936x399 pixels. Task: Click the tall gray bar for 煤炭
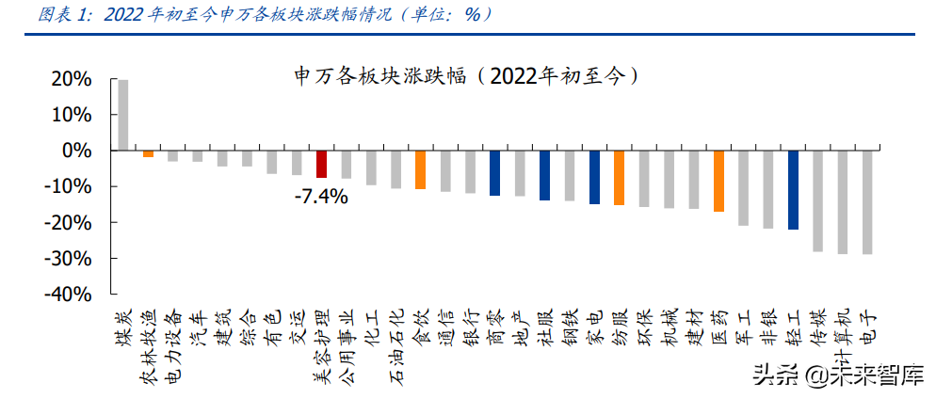[x=122, y=115]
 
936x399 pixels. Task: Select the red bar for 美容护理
[x=321, y=164]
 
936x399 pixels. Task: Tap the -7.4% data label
[x=320, y=197]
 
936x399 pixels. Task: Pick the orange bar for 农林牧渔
[x=148, y=153]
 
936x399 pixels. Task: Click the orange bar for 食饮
[x=420, y=170]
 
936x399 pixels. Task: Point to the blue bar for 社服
[x=544, y=175]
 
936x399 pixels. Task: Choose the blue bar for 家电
[x=594, y=177]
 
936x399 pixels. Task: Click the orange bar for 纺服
[x=619, y=178]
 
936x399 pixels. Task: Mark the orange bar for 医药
[x=718, y=181]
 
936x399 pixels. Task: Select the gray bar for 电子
[x=867, y=202]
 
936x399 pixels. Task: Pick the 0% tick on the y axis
[x=76, y=151]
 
